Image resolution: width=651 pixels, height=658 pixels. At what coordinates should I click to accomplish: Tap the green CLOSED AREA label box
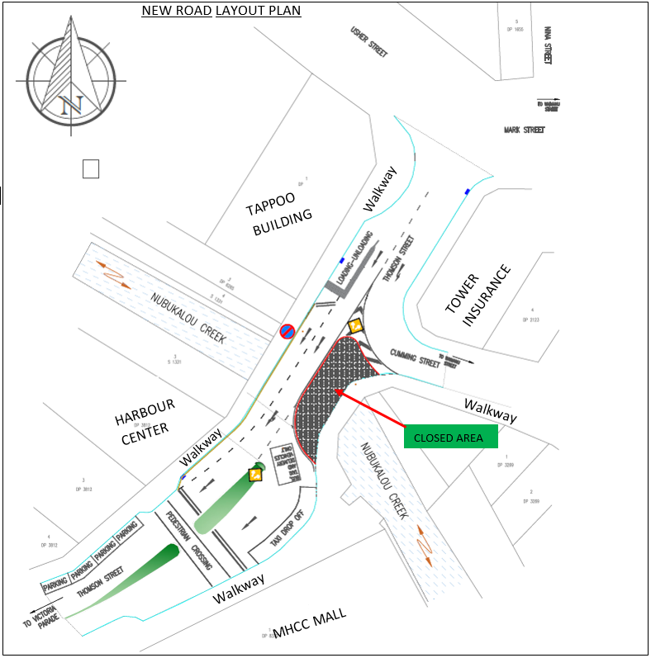(450, 438)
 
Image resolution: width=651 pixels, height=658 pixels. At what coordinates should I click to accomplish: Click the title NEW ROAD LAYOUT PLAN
(221, 11)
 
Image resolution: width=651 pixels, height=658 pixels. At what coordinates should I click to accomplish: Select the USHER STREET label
(369, 41)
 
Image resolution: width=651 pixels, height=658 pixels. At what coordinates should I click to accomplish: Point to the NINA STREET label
(546, 45)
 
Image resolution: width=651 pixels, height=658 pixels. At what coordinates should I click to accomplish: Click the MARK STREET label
(525, 130)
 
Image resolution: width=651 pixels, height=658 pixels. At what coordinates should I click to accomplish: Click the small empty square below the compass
(91, 168)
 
